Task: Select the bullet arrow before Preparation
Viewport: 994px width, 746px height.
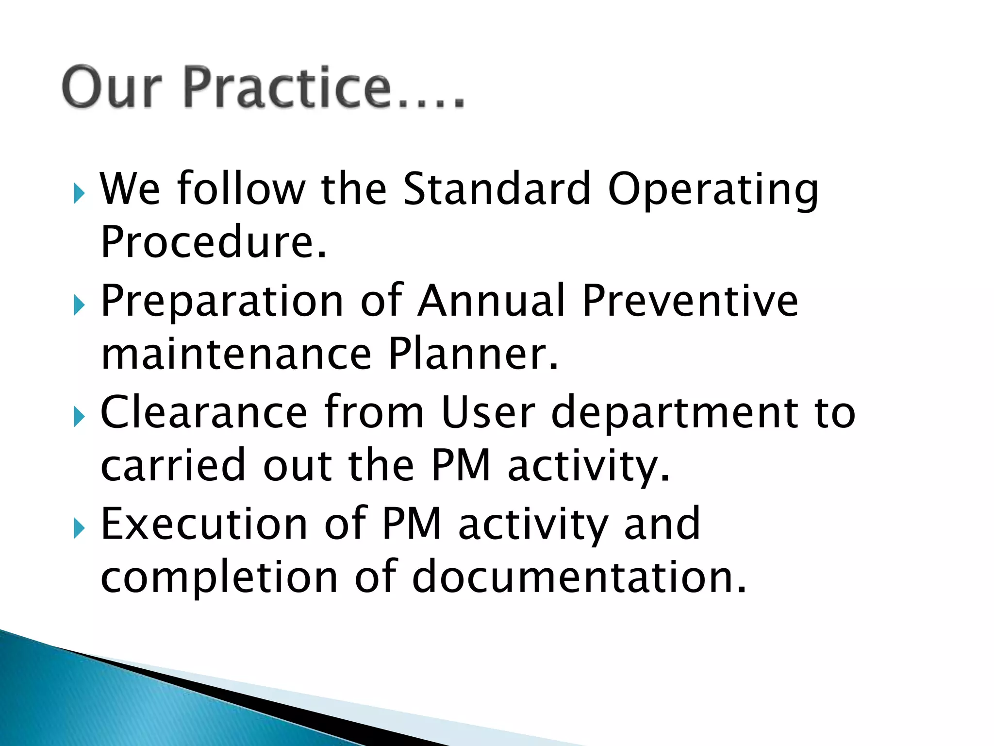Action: click(x=79, y=305)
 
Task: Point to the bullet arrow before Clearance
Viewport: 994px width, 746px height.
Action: click(x=79, y=417)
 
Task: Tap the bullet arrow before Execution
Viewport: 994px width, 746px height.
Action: click(x=79, y=529)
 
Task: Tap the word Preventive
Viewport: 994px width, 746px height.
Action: click(x=690, y=301)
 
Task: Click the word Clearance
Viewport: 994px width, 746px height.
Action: click(x=204, y=412)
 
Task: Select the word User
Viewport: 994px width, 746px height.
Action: click(x=488, y=412)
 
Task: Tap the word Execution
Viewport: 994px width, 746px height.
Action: click(x=204, y=524)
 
